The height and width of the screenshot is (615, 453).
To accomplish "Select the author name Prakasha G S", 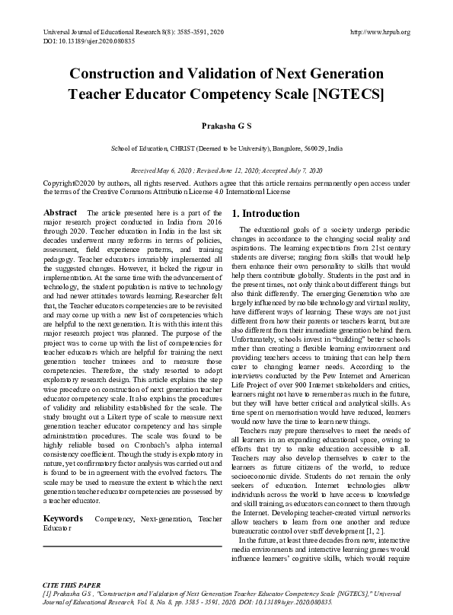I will click(x=226, y=123).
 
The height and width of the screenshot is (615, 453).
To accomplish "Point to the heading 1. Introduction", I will click(x=266, y=214).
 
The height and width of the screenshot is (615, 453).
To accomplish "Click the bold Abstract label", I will click(x=59, y=211).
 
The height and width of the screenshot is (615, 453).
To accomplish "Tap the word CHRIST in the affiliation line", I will click(x=183, y=149).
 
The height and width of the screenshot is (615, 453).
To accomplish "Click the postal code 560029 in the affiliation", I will click(x=313, y=149).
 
